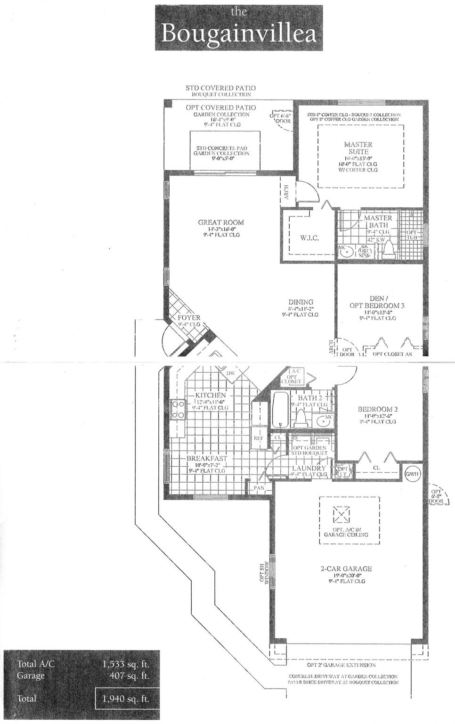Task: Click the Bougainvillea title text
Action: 239,33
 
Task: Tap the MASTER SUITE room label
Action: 358,148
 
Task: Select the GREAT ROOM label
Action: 221,222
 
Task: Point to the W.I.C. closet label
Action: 309,238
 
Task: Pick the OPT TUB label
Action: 412,234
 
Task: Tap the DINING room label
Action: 301,302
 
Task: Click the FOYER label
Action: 189,318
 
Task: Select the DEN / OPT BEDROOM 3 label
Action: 377,302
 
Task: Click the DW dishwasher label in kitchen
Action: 231,373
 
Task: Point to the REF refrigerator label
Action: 258,438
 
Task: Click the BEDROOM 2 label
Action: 377,409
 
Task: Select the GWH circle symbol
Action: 413,474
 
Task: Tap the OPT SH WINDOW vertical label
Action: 265,573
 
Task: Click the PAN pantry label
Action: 260,488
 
